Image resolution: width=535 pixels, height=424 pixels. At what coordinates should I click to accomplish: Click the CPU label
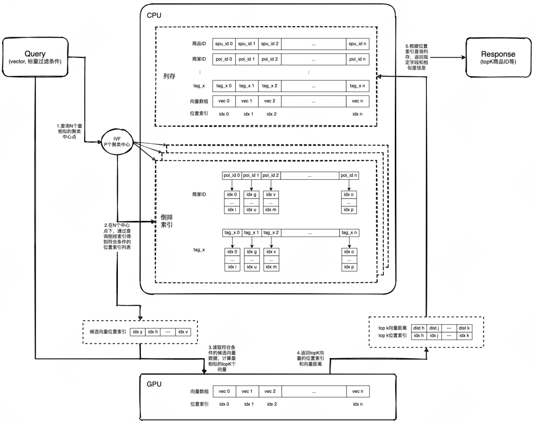tap(154, 15)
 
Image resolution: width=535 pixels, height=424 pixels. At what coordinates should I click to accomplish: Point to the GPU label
tap(154, 384)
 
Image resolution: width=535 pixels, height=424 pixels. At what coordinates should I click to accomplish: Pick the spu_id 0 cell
tap(224, 44)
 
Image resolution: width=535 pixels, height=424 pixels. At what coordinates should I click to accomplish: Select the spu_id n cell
tap(357, 44)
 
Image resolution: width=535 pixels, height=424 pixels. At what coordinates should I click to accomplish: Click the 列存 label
tap(169, 76)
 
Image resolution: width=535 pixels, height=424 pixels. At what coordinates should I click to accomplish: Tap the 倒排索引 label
tap(167, 221)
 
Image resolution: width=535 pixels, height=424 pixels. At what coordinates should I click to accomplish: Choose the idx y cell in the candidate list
tap(138, 331)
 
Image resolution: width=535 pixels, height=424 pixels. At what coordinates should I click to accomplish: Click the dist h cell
tap(419, 328)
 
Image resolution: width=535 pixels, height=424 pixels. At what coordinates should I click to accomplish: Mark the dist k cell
tap(464, 328)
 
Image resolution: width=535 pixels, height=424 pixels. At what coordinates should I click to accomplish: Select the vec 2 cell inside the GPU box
tap(270, 391)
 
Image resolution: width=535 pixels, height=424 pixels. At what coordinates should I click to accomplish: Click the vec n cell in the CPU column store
tap(357, 101)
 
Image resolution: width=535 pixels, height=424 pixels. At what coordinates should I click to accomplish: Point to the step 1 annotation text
tap(70, 131)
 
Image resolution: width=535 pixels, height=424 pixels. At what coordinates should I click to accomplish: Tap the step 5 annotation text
tap(417, 57)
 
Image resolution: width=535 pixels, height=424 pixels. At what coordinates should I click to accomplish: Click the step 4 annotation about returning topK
tap(311, 359)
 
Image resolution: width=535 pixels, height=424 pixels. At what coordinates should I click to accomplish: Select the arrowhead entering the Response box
tap(464, 57)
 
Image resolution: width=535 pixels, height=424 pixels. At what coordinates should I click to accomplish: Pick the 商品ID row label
tap(199, 44)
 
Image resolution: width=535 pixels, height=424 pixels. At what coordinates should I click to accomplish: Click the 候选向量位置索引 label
tap(108, 331)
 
